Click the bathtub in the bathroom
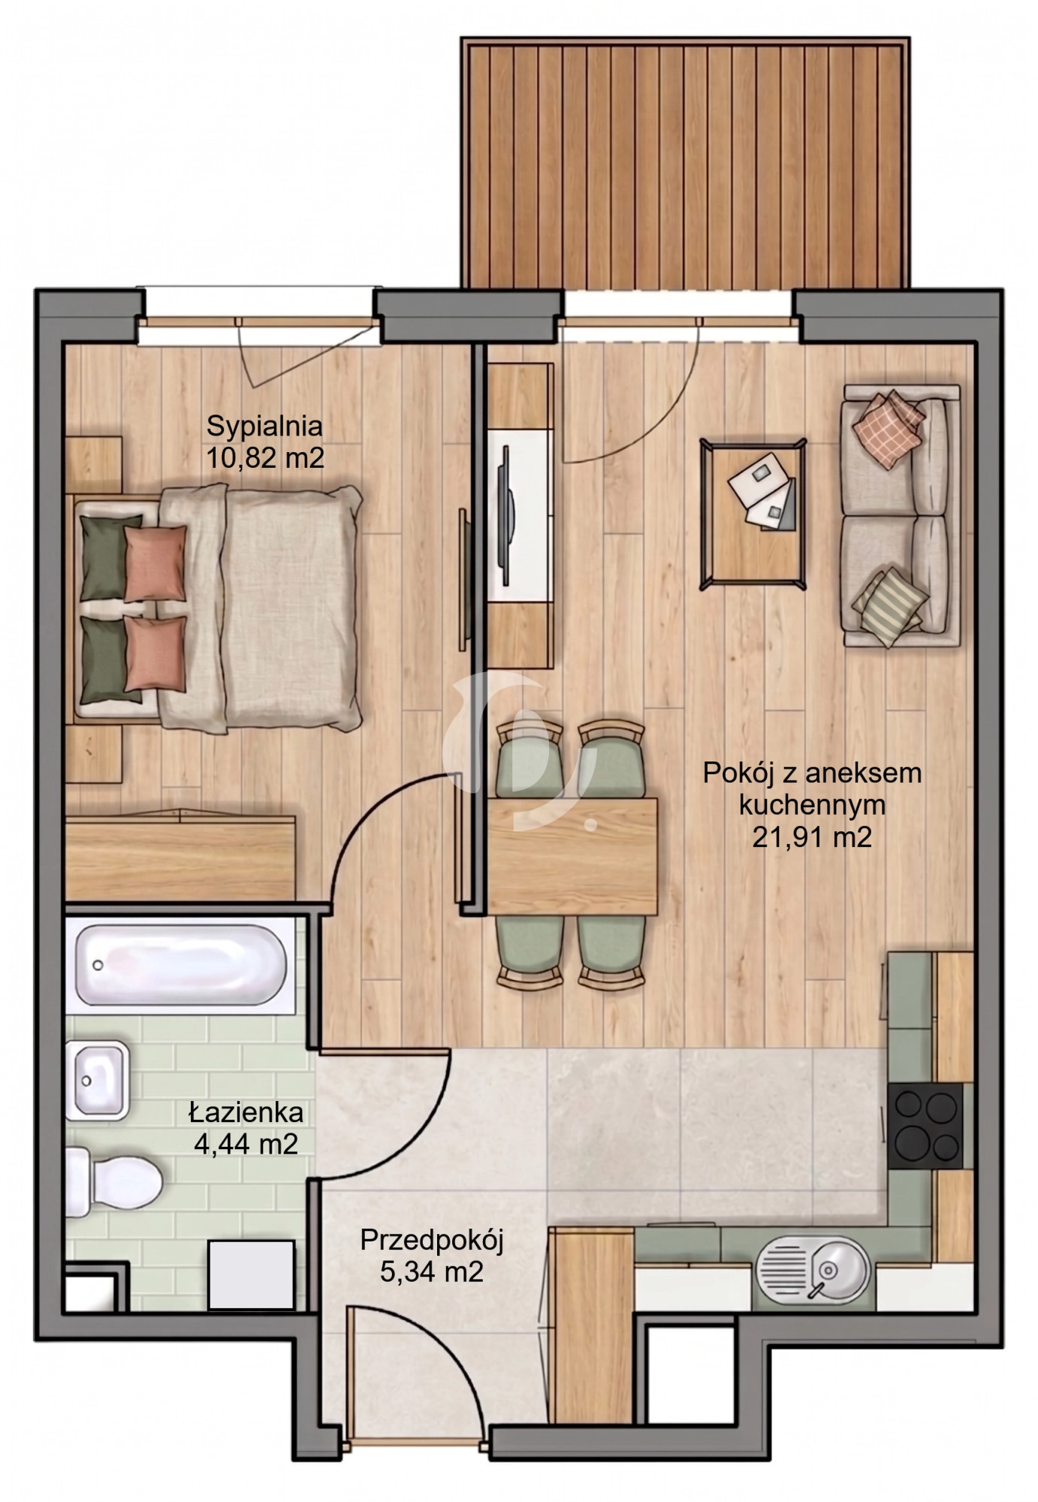point(181,964)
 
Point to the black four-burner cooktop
point(925,1126)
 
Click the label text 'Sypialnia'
point(264,426)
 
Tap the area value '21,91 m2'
point(812,837)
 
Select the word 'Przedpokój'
point(431,1240)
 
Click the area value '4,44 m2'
point(246,1145)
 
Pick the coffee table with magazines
point(753,514)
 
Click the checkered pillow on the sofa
point(888,428)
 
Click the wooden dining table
point(572,856)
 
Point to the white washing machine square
point(251,1274)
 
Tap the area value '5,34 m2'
point(431,1272)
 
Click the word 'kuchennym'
point(812,804)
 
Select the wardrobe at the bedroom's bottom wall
point(180,856)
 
